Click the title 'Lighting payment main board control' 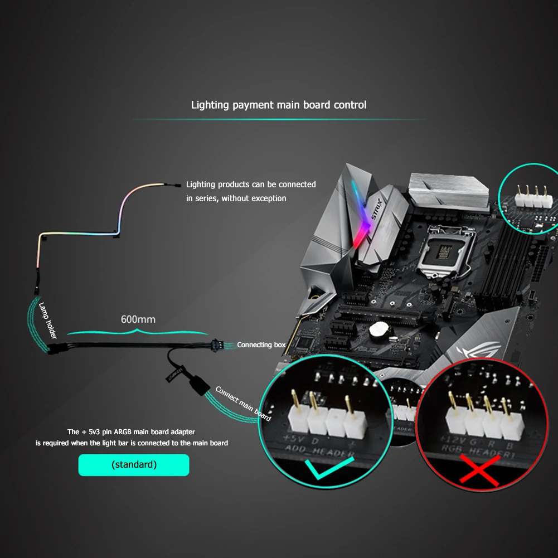[x=279, y=105]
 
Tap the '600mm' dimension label [x=138, y=320]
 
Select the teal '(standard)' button [x=134, y=464]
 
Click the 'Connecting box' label [x=261, y=345]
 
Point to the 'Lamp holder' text [x=48, y=320]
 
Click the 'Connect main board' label [x=243, y=404]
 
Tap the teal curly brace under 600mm [x=138, y=332]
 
